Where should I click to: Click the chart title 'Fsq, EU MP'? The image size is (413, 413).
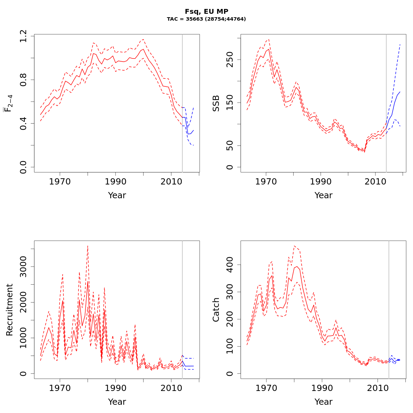point(206,12)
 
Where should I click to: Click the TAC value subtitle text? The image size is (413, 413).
point(206,19)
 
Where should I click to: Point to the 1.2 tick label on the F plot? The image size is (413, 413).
point(23,36)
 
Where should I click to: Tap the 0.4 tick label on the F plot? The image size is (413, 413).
point(23,123)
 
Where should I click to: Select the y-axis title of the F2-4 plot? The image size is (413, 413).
point(8,103)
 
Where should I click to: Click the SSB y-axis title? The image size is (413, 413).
point(216,103)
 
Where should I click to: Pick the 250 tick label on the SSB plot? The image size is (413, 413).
point(230,59)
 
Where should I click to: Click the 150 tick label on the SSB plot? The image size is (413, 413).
point(230,103)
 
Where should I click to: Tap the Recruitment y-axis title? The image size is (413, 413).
point(9,310)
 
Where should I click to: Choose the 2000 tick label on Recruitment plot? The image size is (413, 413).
point(23,302)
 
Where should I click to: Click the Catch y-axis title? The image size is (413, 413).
point(216,310)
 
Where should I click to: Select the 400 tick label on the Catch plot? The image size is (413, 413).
point(230,265)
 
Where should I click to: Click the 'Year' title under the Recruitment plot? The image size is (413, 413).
point(117,402)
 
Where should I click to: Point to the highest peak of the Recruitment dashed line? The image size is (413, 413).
point(88,246)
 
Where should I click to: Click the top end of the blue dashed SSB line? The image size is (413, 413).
point(400,44)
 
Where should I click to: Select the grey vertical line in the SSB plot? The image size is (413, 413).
point(386,103)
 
